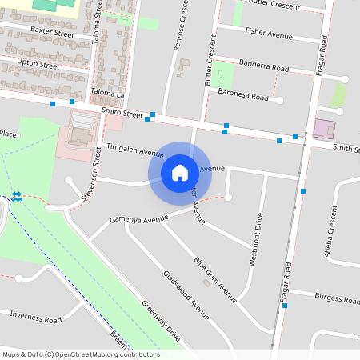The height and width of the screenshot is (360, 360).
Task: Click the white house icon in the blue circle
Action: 180,172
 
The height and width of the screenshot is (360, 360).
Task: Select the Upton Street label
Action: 38,65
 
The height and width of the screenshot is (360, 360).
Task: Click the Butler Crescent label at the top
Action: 274,6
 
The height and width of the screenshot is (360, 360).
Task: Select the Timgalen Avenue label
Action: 134,150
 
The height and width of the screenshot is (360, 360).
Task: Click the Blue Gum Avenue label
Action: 215,279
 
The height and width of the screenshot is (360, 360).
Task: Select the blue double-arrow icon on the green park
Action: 17,196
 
